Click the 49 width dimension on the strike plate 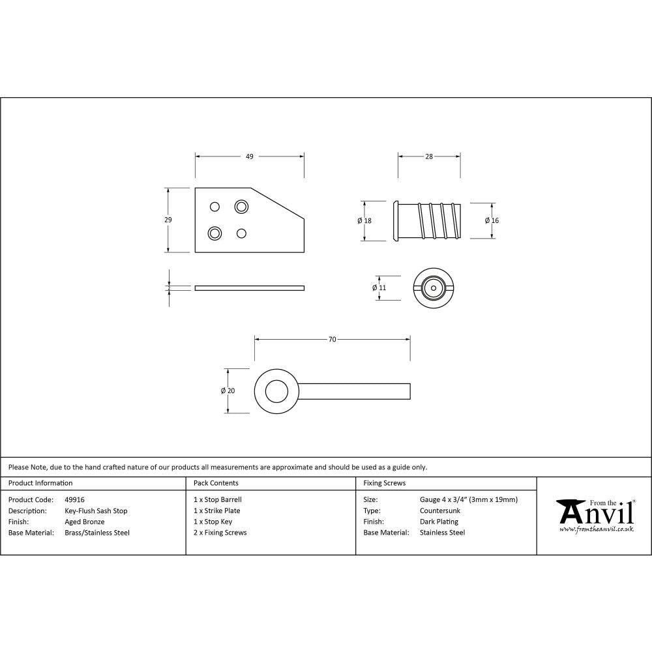(249, 156)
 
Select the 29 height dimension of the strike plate (168, 220)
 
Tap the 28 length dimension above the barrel (429, 156)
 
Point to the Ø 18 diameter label (364, 221)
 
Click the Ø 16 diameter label (492, 221)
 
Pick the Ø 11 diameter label (379, 288)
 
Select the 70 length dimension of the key (332, 340)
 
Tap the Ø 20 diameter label (228, 391)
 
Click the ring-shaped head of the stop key (276, 391)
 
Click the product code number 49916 (75, 499)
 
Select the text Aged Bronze (85, 522)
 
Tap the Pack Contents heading (216, 483)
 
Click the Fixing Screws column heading (384, 483)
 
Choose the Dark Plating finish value (439, 522)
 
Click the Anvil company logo (595, 515)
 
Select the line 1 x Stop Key (213, 522)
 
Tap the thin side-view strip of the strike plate (249, 288)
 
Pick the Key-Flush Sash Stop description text (96, 511)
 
